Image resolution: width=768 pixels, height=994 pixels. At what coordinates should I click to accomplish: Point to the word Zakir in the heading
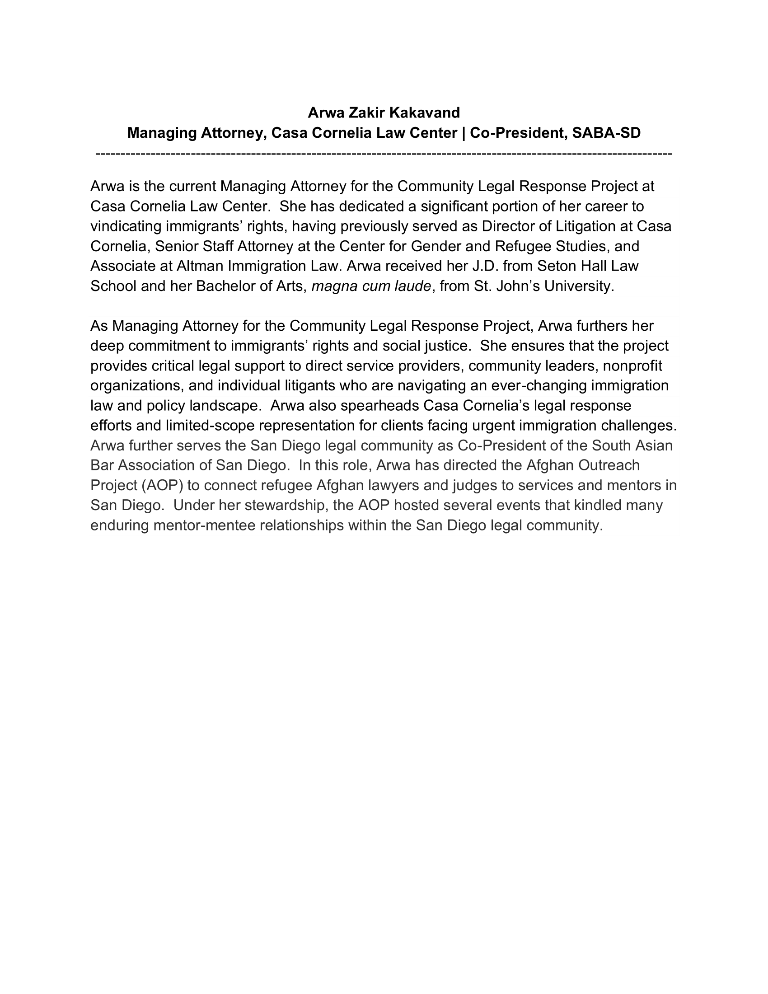pos(366,113)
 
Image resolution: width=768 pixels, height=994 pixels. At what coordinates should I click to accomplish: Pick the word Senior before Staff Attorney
pos(177,246)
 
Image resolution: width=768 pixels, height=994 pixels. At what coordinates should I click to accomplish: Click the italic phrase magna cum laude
pos(371,286)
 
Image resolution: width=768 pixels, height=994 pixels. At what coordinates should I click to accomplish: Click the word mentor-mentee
pos(204,525)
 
